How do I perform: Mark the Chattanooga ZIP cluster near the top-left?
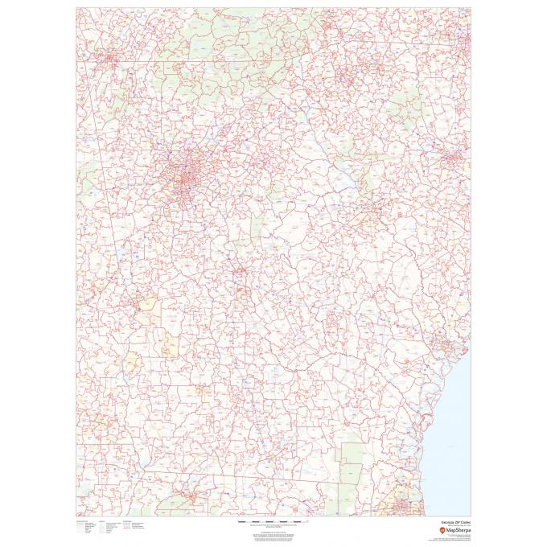point(108,58)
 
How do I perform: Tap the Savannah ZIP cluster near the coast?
point(442,348)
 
